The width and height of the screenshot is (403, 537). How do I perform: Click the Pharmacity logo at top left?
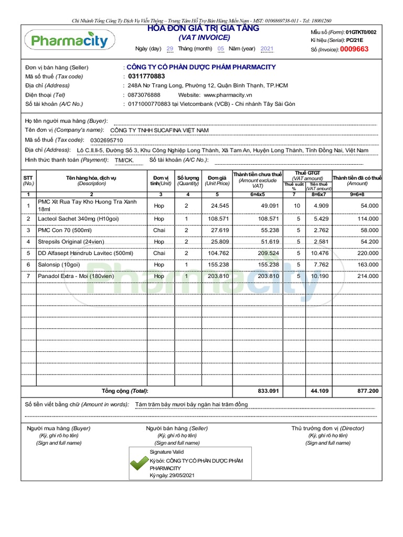click(69, 41)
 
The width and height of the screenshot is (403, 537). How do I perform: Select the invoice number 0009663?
click(354, 49)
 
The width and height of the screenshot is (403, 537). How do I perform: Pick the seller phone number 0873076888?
click(144, 95)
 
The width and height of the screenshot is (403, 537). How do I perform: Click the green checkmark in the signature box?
click(139, 463)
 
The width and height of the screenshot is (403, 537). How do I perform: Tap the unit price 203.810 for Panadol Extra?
click(218, 276)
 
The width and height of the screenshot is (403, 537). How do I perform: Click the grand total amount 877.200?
click(367, 391)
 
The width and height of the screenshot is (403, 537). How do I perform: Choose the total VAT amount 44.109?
click(319, 391)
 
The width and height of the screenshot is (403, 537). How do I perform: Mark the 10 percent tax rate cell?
click(297, 206)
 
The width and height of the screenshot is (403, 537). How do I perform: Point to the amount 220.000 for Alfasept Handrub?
click(367, 253)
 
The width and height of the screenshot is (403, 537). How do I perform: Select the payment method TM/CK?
click(124, 160)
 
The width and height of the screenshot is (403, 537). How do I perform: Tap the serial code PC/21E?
click(354, 40)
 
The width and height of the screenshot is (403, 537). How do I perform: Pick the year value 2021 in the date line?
click(267, 49)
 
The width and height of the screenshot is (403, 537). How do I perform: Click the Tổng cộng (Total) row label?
click(125, 391)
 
